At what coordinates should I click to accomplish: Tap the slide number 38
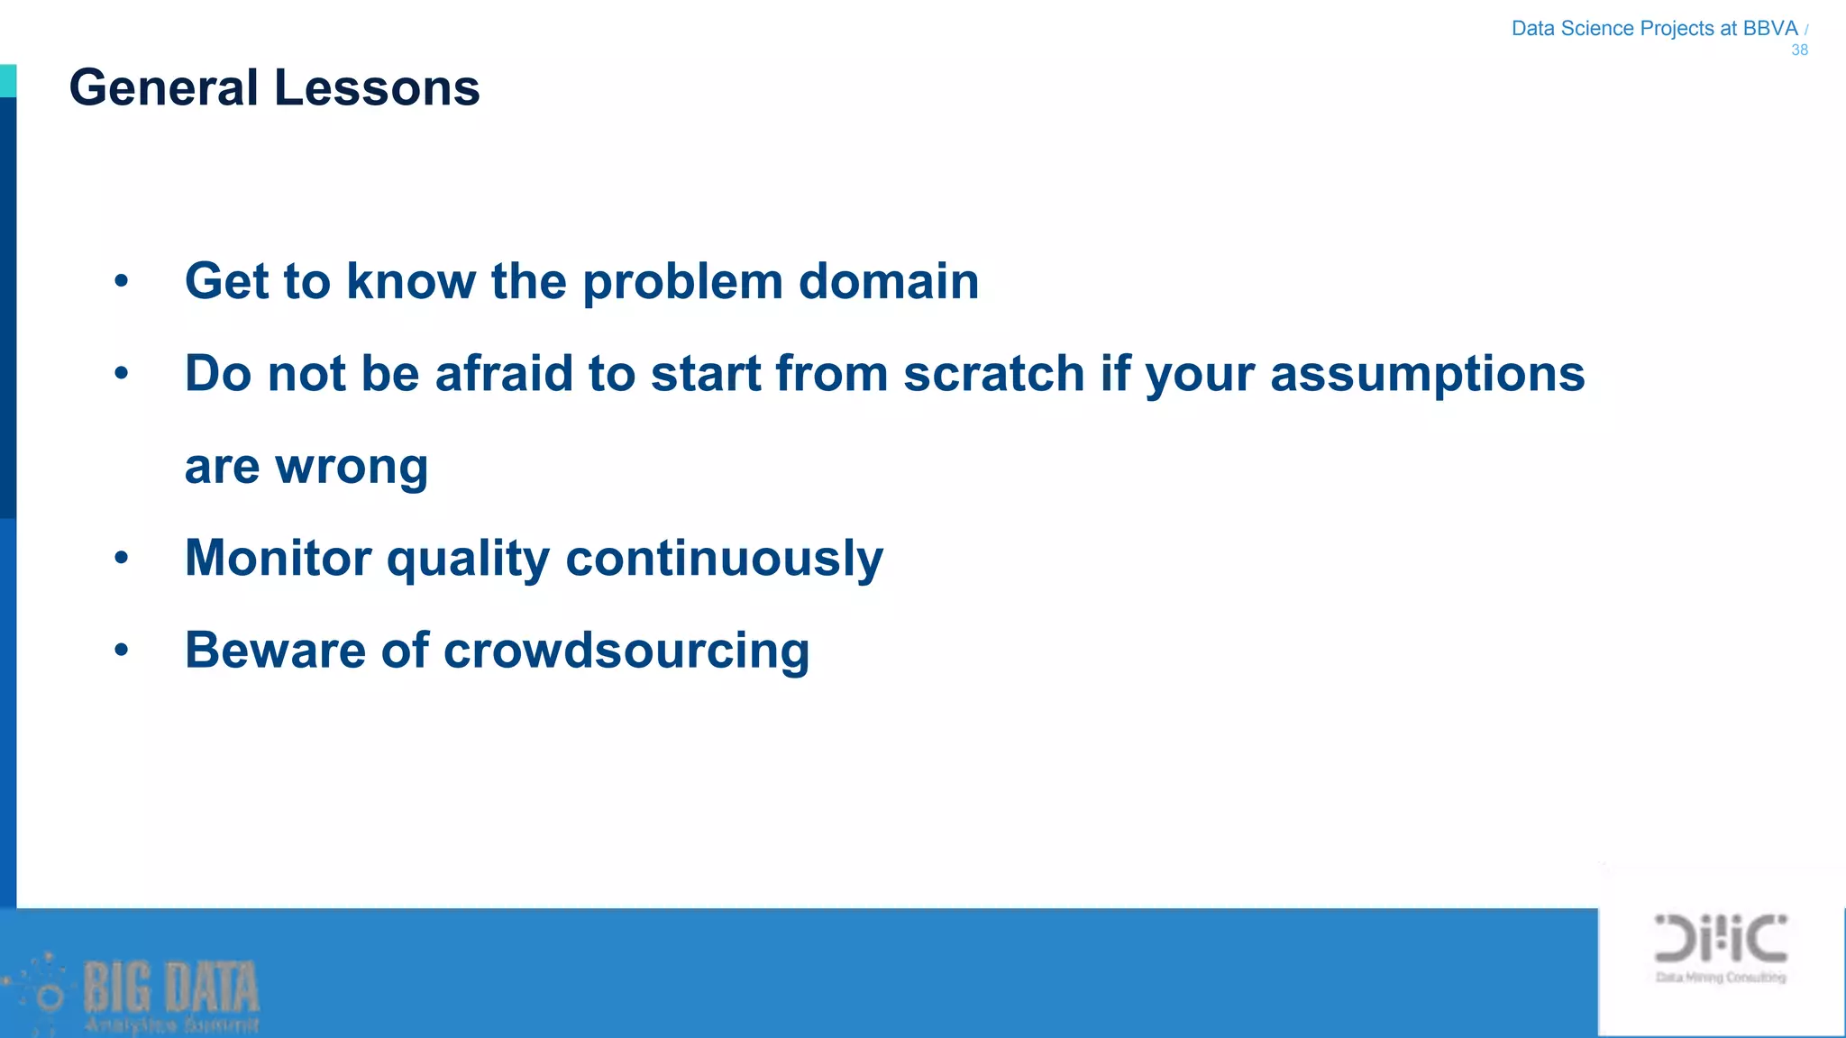coord(1799,50)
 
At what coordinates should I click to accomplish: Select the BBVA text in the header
coord(1769,28)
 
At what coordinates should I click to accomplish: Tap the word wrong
coord(351,468)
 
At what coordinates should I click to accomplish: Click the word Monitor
coord(278,558)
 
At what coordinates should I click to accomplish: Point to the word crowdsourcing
coord(626,651)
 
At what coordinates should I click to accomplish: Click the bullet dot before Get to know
coord(122,282)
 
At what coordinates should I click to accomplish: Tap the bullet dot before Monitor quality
coord(122,559)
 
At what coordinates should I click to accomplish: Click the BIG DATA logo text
coord(171,988)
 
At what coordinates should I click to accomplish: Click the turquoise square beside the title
coord(7,80)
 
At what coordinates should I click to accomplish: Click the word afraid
coord(504,373)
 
